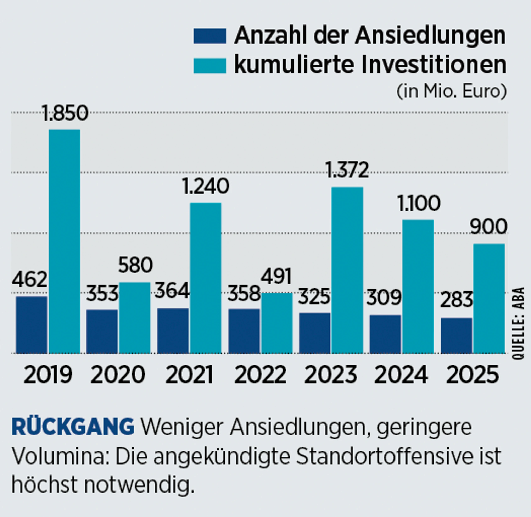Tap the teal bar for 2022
(x=277, y=323)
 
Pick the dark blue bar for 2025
(x=456, y=336)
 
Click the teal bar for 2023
(x=347, y=270)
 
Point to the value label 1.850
(x=65, y=113)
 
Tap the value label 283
(x=456, y=300)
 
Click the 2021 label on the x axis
(x=189, y=375)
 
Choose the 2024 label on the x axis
(x=401, y=375)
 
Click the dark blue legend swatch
(x=209, y=36)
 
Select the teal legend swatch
(x=209, y=66)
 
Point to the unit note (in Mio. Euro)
(x=452, y=92)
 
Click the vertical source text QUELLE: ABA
(x=519, y=323)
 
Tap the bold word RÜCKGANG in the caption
(x=73, y=427)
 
